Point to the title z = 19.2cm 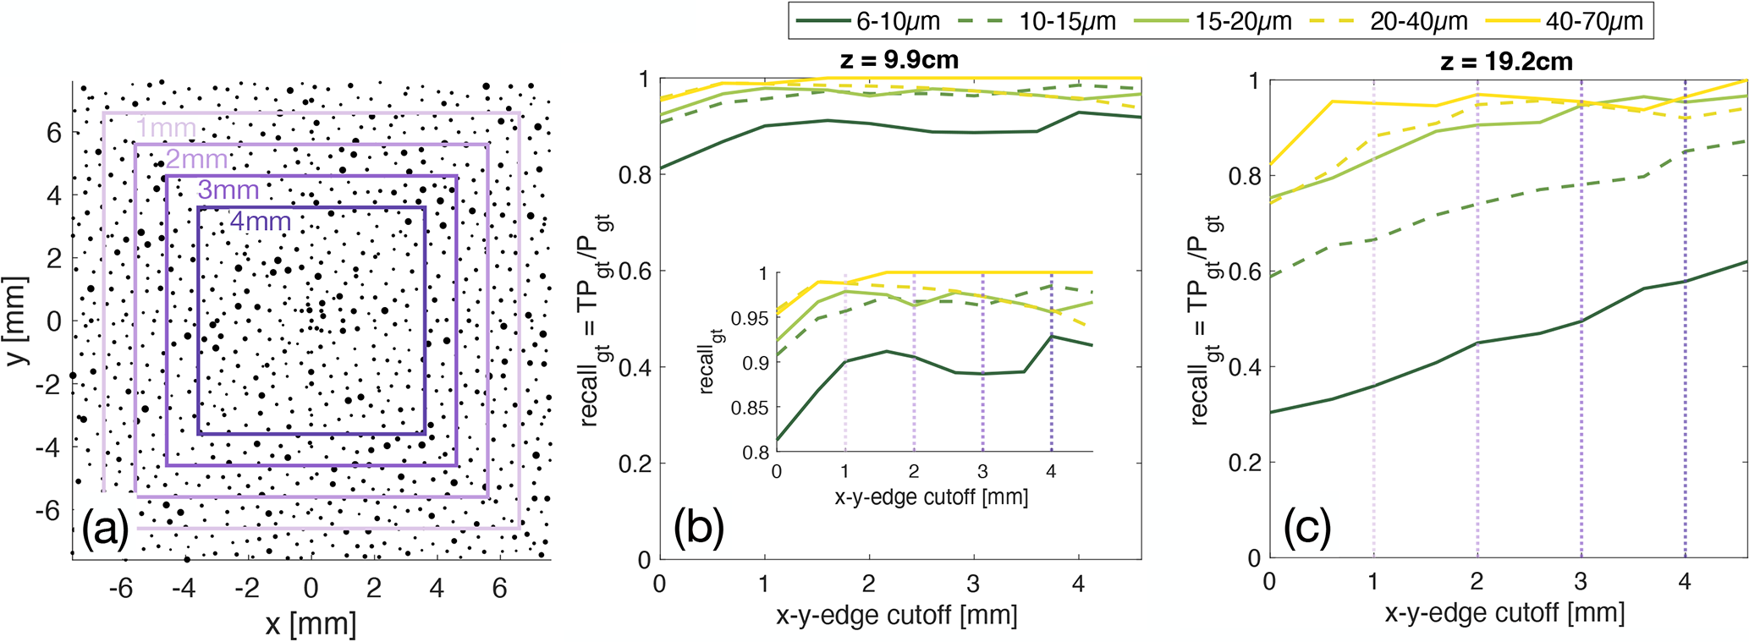(1506, 61)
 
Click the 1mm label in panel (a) (166, 129)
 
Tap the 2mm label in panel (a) (196, 159)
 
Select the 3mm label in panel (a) (228, 190)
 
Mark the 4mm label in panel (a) (260, 222)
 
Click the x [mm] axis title (311, 624)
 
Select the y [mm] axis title (16, 321)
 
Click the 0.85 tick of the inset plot (749, 409)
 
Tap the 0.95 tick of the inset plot (749, 319)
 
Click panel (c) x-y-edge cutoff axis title (1504, 612)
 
